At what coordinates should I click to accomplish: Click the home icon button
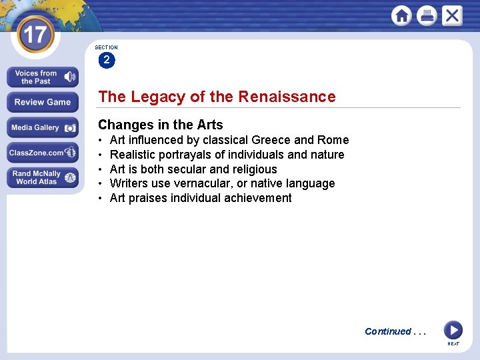click(x=401, y=15)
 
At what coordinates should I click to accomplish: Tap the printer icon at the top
click(x=427, y=15)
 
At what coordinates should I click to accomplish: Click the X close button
click(x=451, y=15)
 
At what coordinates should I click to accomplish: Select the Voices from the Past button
click(x=43, y=77)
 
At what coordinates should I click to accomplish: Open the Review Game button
click(x=43, y=102)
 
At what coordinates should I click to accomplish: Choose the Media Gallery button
click(x=43, y=127)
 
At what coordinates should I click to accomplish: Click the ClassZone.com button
click(x=43, y=153)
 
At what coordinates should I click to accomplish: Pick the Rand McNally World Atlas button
click(x=43, y=177)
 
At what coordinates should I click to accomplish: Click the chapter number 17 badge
click(x=35, y=34)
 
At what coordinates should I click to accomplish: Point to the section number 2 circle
click(x=106, y=60)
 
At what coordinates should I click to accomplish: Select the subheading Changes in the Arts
click(x=160, y=125)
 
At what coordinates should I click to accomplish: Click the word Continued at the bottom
click(x=387, y=331)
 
